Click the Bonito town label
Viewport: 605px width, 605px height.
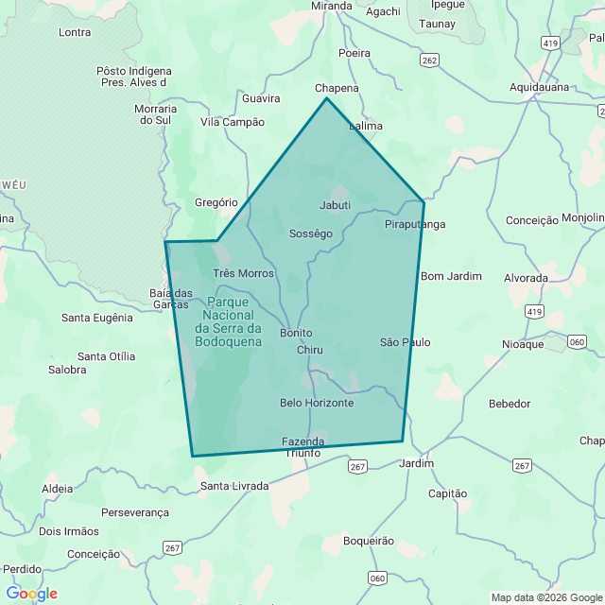point(296,333)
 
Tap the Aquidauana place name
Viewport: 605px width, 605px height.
point(539,87)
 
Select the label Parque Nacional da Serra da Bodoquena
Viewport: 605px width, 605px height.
point(228,321)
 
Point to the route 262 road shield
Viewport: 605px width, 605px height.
point(430,60)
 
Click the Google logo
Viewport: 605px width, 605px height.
point(31,594)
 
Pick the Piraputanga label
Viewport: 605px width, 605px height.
point(415,224)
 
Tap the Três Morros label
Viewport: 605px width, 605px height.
point(243,273)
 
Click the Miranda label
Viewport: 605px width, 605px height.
point(331,6)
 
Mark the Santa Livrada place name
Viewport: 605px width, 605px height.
point(233,486)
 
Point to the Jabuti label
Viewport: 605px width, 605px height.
point(335,205)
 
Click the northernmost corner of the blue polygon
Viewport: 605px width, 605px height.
point(326,97)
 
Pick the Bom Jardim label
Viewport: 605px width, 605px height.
point(451,276)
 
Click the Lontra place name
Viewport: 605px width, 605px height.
point(75,32)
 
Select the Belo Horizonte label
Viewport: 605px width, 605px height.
point(317,403)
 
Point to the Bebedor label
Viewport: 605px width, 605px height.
point(510,404)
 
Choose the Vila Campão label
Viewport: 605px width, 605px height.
point(233,122)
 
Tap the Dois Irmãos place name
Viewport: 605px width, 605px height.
point(69,531)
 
